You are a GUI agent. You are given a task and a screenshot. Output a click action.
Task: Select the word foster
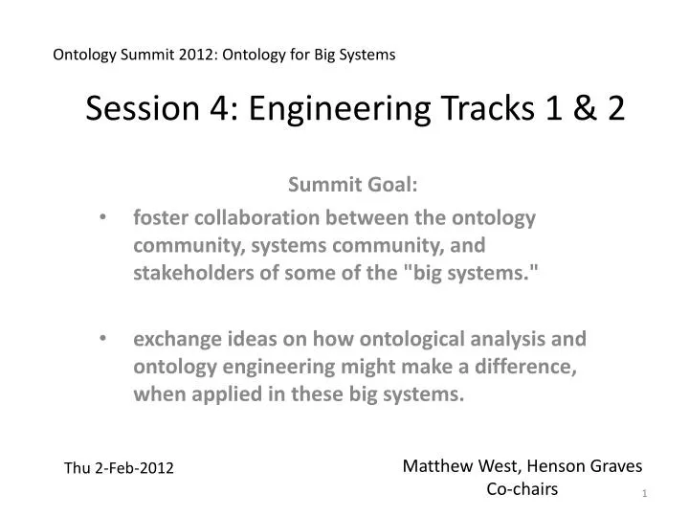tap(156, 217)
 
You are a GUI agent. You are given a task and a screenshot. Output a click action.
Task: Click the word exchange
tap(170, 338)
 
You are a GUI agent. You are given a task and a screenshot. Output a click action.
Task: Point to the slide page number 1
tap(645, 493)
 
